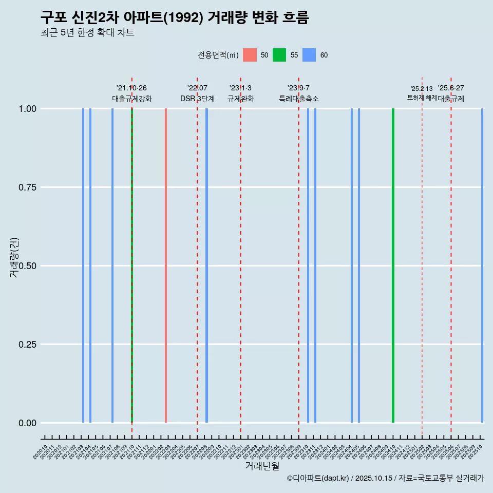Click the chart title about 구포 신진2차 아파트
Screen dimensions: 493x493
point(175,18)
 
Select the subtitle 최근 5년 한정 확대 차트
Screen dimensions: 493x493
point(87,33)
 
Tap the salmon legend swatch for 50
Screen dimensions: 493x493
point(250,55)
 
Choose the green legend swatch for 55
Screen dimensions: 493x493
point(279,55)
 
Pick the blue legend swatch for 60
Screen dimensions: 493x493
point(309,55)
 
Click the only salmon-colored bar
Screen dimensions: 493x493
point(165,266)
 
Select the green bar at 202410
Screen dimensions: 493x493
point(393,266)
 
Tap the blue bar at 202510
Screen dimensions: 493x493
point(482,266)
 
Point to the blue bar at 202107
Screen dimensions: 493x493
point(112,266)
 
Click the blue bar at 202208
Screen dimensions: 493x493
point(206,266)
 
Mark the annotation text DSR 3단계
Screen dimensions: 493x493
point(197,99)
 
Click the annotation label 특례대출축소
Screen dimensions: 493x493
point(299,99)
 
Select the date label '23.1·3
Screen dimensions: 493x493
point(240,88)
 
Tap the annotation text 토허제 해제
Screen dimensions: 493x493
point(422,97)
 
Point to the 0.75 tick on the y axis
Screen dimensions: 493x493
point(25,187)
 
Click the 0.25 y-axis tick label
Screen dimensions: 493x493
point(25,344)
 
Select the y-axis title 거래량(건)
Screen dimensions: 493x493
point(14,258)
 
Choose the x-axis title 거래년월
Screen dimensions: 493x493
point(262,466)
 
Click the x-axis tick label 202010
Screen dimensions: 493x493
point(40,452)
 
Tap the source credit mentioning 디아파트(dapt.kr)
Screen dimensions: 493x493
point(385,479)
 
